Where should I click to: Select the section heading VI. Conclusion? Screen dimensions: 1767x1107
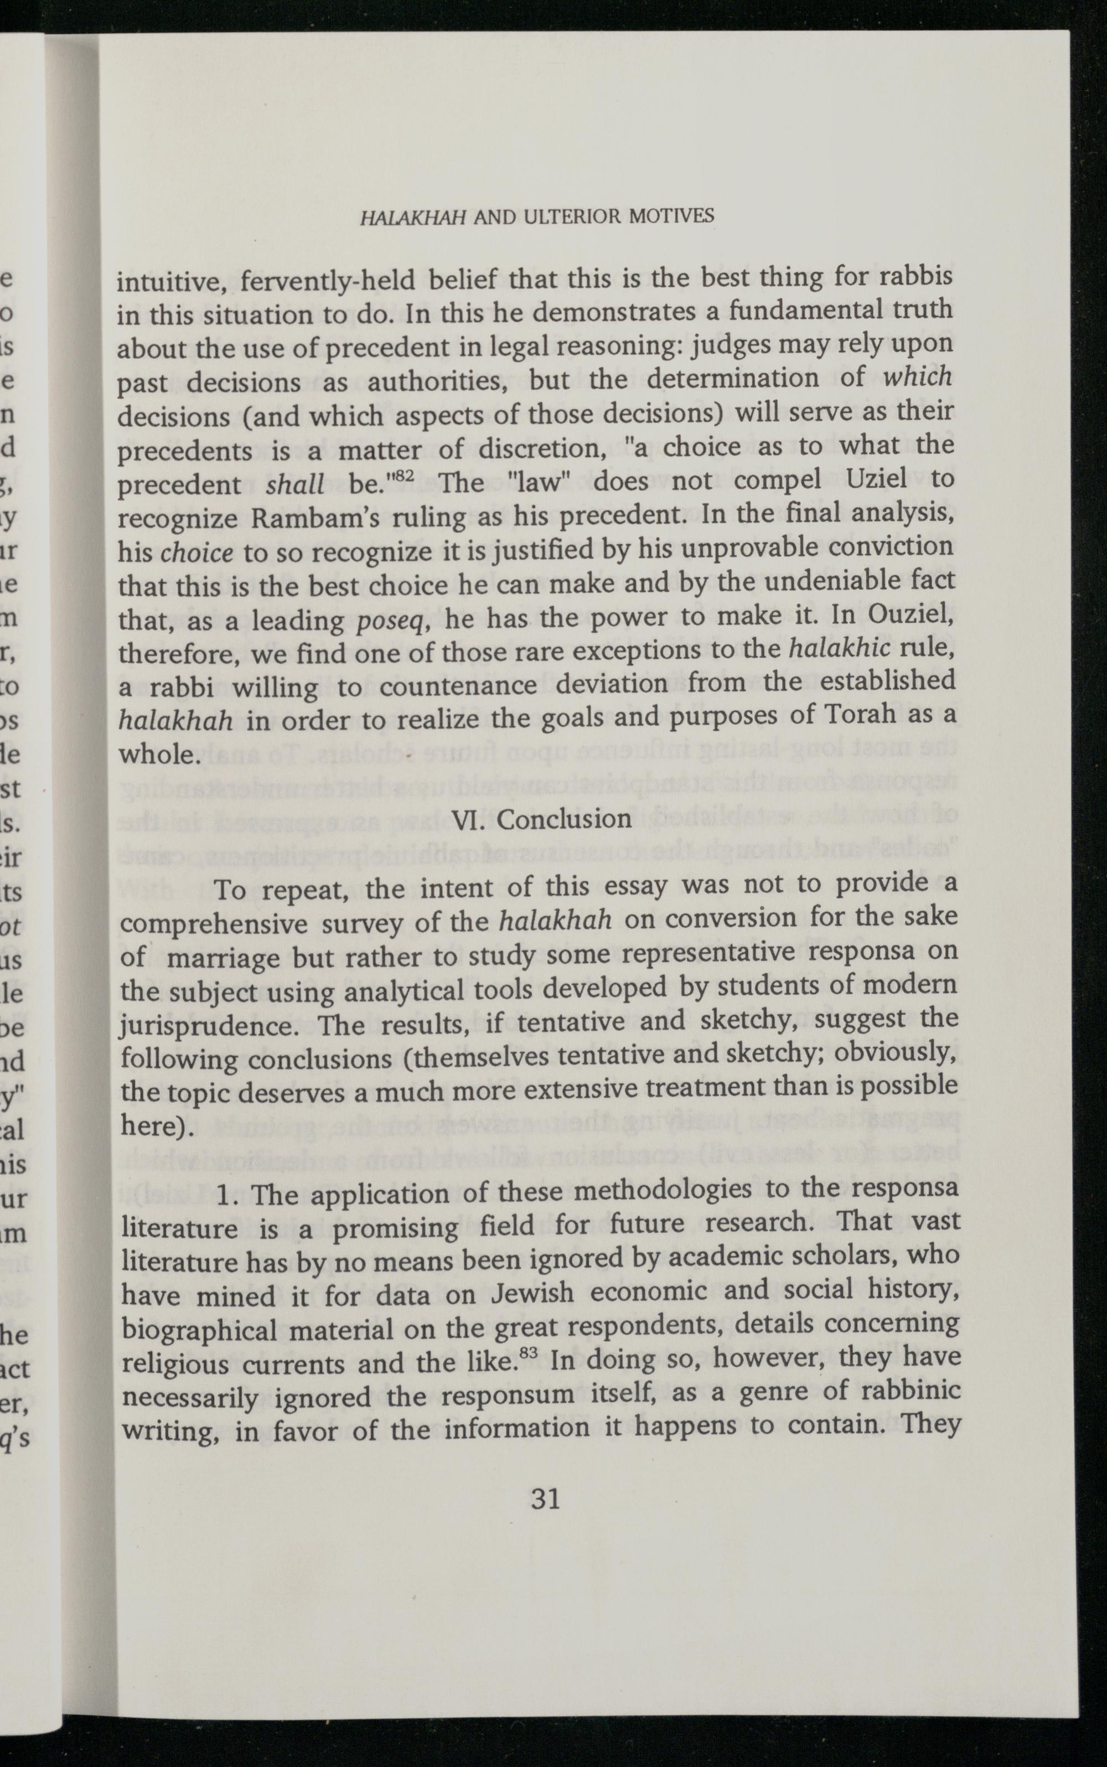click(542, 819)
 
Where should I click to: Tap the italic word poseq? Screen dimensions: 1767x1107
click(387, 622)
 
